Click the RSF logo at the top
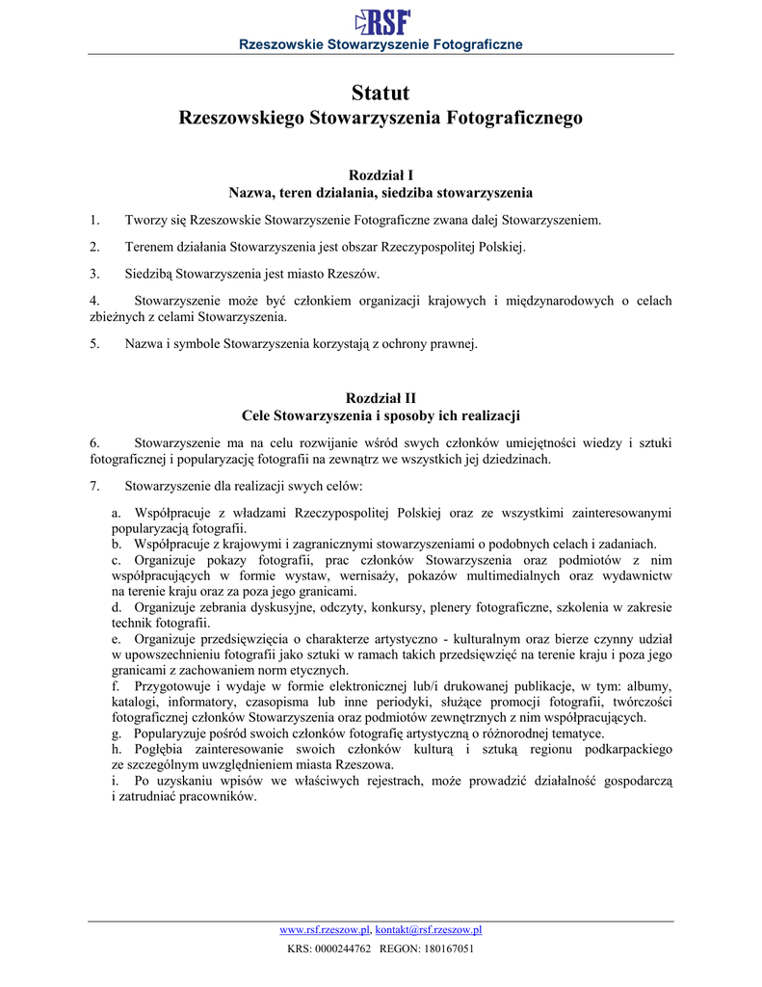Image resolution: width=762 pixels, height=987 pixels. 382,21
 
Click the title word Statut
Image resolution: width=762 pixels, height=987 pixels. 381,93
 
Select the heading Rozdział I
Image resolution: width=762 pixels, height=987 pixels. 381,175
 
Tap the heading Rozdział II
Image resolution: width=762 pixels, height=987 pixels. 381,398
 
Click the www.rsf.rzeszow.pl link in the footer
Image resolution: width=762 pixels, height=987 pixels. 325,930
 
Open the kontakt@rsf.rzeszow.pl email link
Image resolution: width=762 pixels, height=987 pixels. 429,930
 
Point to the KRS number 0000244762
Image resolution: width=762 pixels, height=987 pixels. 343,949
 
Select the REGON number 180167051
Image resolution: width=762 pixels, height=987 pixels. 447,949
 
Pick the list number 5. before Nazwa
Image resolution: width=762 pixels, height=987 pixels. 94,343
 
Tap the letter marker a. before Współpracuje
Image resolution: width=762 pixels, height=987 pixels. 117,514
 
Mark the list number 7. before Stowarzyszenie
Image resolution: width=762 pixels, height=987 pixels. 94,486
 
